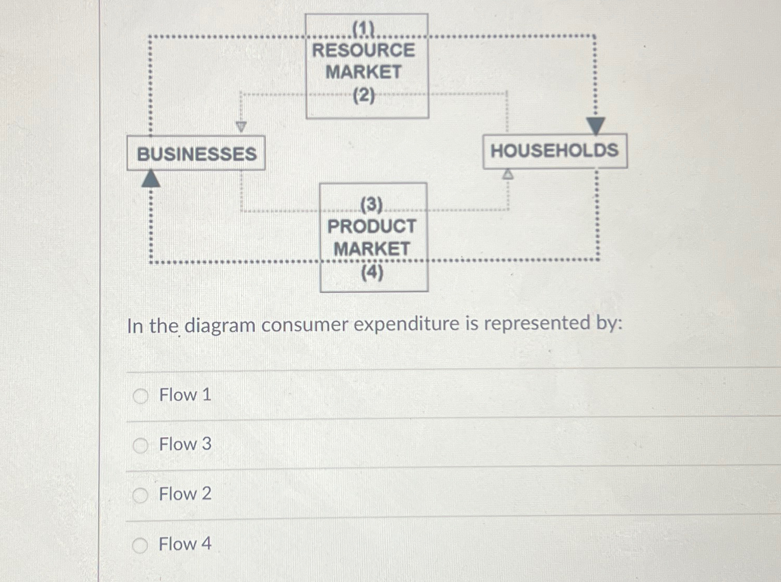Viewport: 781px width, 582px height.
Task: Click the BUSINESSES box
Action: click(196, 154)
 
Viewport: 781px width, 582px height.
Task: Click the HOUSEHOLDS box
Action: click(554, 151)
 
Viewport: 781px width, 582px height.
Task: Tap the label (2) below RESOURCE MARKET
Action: click(364, 96)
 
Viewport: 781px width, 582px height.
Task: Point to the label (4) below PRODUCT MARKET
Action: click(372, 272)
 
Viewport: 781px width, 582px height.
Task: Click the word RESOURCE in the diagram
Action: click(364, 51)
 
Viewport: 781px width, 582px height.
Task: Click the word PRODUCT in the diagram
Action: click(371, 226)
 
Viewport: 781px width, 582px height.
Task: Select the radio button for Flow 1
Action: click(140, 397)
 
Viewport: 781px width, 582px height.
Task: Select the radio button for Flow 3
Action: click(140, 446)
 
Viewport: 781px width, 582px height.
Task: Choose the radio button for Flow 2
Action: click(140, 495)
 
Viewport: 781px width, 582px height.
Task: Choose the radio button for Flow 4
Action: click(140, 545)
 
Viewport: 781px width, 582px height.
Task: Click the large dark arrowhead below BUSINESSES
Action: click(151, 179)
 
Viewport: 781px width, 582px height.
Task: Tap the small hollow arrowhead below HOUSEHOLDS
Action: click(508, 174)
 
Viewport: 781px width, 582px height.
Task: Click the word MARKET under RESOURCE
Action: click(364, 72)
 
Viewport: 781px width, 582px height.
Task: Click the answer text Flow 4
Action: click(185, 544)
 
